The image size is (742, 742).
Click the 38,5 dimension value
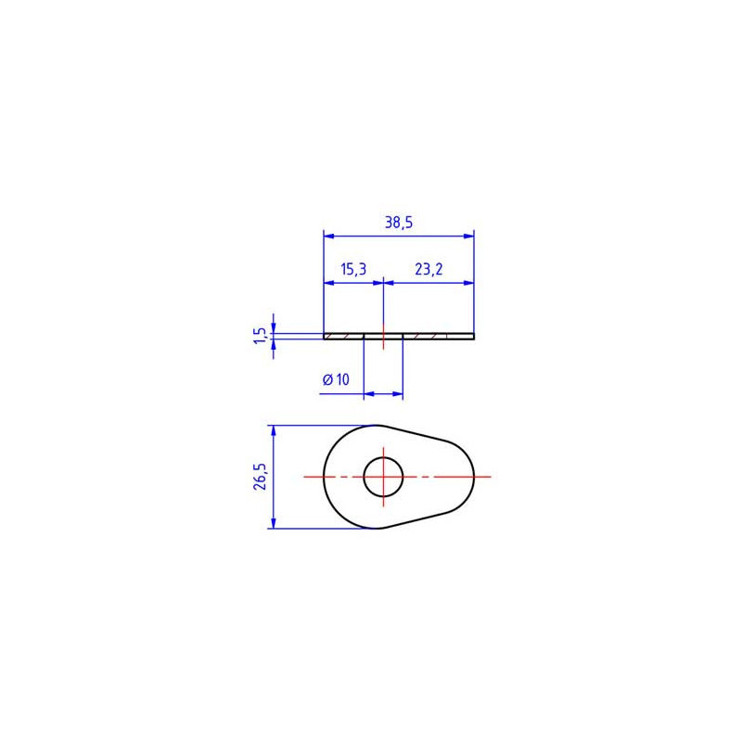point(399,222)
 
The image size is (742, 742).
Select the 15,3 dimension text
point(353,269)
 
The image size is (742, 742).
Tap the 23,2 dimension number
point(429,269)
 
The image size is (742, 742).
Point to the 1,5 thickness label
point(260,335)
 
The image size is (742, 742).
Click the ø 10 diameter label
point(336,379)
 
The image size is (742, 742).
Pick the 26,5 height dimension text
point(260,477)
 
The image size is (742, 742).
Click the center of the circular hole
point(383,477)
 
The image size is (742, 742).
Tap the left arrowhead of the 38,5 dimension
point(329,236)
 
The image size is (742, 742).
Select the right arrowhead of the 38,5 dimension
point(468,236)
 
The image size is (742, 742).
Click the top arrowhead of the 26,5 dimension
point(274,430)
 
